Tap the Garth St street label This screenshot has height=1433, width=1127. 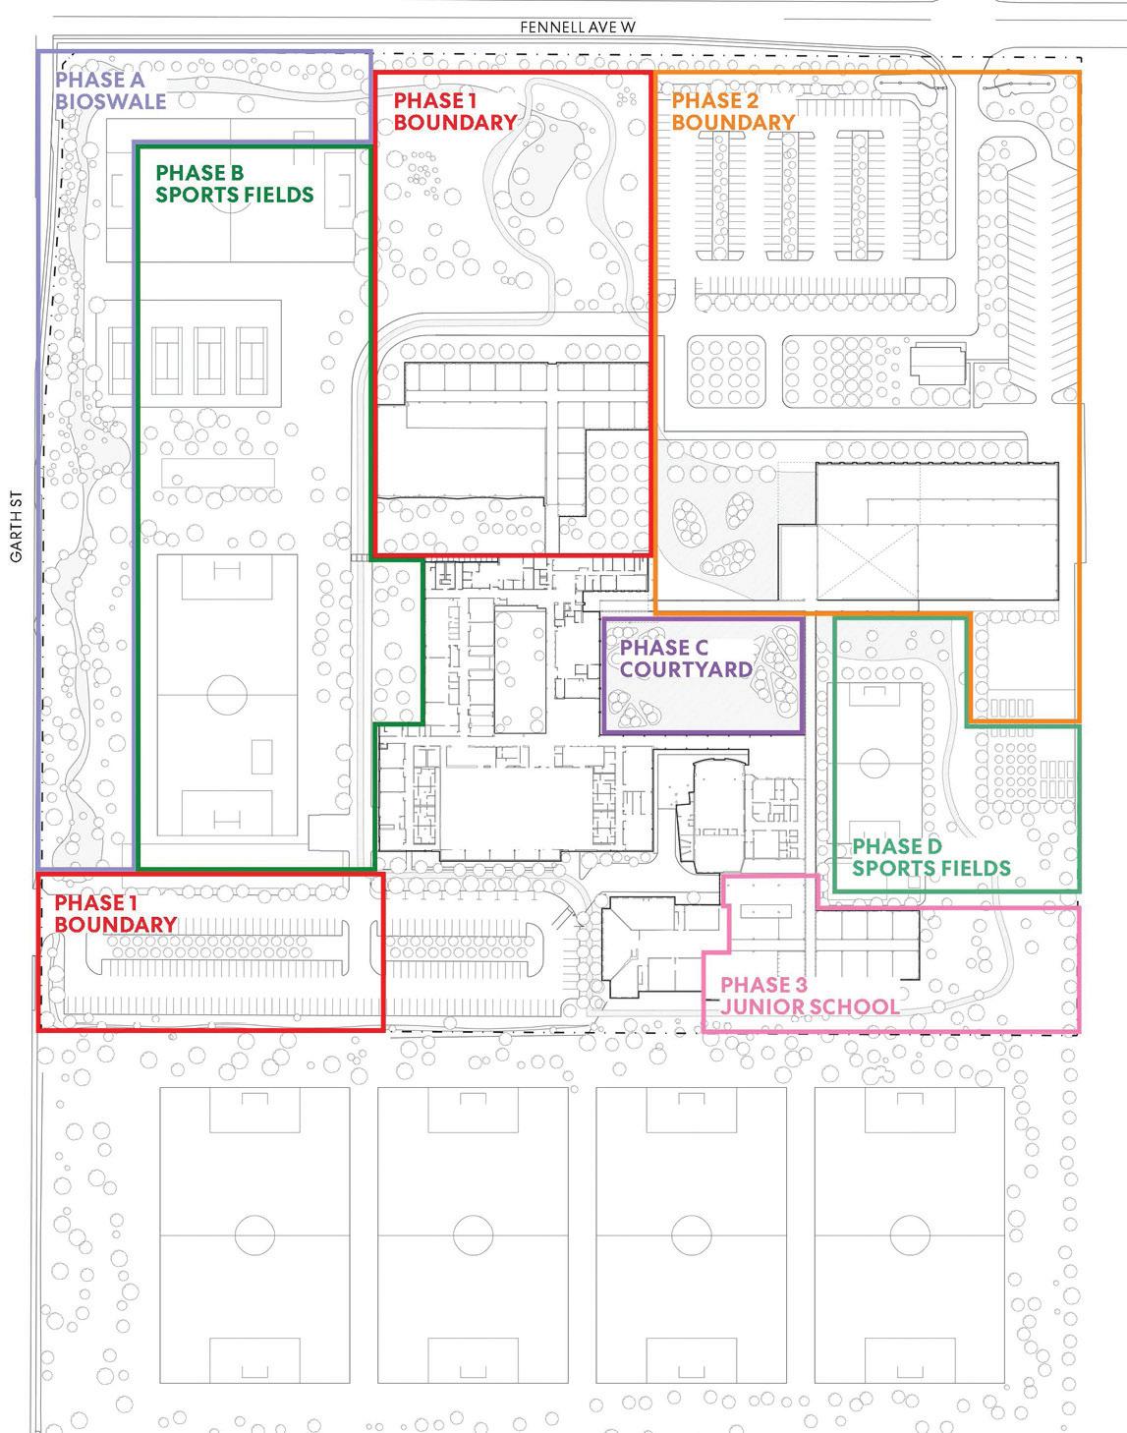(16, 535)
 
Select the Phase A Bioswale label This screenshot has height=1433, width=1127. (111, 90)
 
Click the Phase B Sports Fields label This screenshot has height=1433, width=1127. (235, 184)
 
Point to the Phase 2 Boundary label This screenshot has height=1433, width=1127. (733, 111)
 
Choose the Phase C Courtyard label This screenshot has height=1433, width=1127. (686, 659)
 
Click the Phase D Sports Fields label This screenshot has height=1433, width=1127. (930, 857)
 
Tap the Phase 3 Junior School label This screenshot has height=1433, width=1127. (809, 996)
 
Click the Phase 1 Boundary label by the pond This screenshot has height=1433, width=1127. (455, 111)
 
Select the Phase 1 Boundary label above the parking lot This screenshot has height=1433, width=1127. (115, 913)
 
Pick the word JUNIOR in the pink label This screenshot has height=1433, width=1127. (761, 1006)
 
